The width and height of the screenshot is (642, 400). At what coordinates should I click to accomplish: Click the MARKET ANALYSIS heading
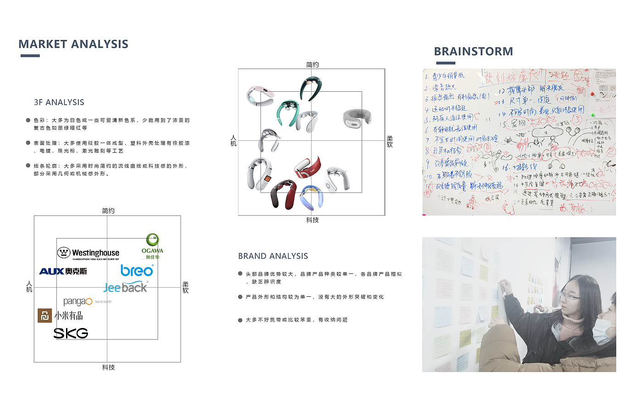click(73, 44)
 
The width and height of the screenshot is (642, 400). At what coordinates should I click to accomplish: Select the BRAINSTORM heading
click(473, 51)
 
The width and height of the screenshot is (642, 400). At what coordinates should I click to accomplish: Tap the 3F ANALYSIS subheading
click(59, 102)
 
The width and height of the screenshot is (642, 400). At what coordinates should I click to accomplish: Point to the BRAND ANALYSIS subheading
click(273, 256)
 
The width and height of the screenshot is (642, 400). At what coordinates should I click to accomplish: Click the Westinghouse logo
click(89, 253)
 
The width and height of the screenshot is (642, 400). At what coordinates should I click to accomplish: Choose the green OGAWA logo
click(152, 246)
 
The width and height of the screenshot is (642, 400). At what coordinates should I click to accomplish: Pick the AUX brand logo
click(63, 272)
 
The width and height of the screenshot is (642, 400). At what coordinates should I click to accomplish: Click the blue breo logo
click(137, 270)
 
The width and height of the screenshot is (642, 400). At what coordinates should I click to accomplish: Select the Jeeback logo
click(125, 288)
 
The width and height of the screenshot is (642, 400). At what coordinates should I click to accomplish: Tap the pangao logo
click(78, 301)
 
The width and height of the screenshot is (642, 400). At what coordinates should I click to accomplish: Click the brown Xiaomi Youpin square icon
click(44, 316)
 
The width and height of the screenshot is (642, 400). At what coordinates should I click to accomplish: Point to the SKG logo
click(71, 333)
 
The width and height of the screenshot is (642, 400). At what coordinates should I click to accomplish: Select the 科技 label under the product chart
click(312, 220)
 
